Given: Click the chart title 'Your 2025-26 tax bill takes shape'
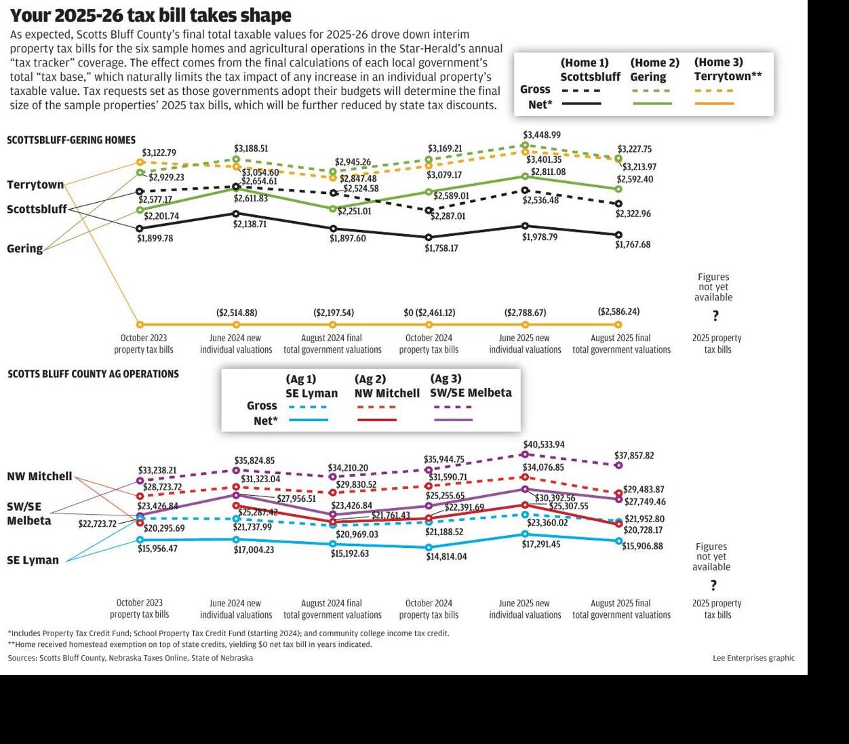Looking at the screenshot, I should coord(151,15).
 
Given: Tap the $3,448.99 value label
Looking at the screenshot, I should coord(541,135).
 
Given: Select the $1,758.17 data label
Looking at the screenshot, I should coord(441,248).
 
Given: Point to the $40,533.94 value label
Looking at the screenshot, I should coord(544,444).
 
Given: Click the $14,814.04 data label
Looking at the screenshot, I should coord(446,556).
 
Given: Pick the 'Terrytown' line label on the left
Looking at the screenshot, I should coord(35,184).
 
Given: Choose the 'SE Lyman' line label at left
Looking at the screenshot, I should coord(33,560).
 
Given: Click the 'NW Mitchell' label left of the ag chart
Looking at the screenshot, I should coord(39,476).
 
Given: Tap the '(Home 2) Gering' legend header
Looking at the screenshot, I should coord(654,69).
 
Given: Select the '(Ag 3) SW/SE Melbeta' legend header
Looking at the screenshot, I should coord(471,385).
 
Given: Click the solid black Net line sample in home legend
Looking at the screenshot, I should coord(581,104).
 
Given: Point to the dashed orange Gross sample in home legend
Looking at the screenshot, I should coord(714,90).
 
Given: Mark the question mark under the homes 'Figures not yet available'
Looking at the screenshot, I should coord(715,316).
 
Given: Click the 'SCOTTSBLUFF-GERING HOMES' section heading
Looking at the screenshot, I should coord(71,140).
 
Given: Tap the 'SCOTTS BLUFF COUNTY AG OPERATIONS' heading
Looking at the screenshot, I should coord(93,374).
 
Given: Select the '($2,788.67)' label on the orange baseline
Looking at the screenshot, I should coord(524,313).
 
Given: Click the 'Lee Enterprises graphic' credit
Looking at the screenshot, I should coord(753,658).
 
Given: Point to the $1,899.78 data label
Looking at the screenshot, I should coord(155,239).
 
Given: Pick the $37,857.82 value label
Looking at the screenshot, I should coord(634,456).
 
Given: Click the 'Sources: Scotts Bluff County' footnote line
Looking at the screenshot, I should coord(130,658).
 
